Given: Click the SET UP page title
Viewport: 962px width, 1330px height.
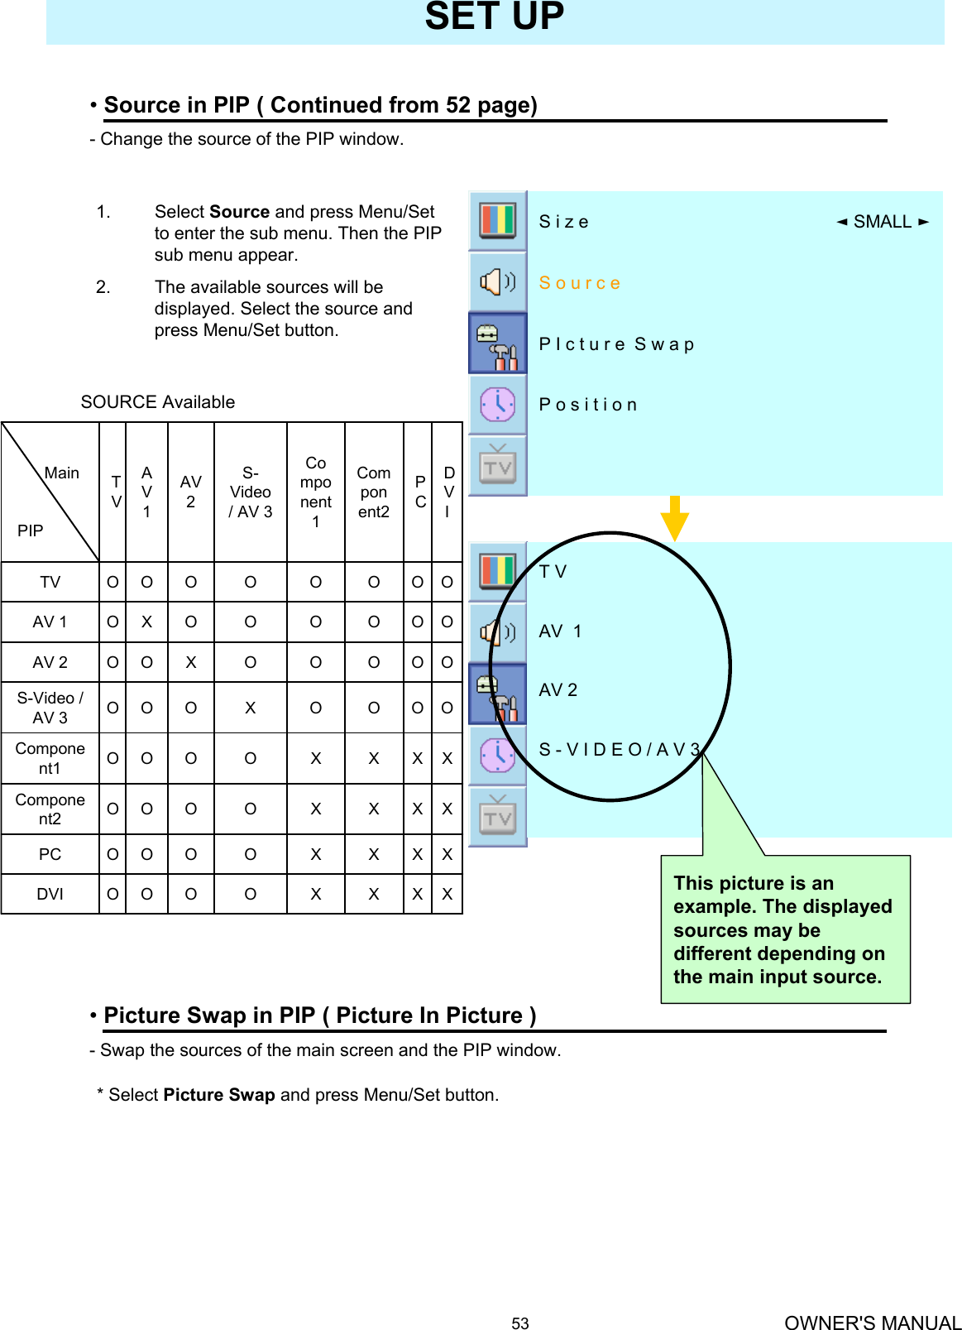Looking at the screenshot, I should click(495, 17).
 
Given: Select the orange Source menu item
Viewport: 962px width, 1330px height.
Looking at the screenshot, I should click(579, 283).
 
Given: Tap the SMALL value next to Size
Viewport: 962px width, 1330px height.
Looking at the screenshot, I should click(882, 222).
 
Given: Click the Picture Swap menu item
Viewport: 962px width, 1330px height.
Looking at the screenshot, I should click(616, 344).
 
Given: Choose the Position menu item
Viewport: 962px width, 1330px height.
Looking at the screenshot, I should click(588, 405).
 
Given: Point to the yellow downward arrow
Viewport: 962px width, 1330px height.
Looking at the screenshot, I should click(675, 518).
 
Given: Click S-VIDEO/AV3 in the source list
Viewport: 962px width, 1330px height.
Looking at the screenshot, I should click(620, 750).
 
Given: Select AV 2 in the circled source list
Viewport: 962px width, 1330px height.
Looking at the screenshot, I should click(558, 690).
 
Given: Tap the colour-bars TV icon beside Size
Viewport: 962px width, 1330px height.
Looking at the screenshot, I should click(498, 221).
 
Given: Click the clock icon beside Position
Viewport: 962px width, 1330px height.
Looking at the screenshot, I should click(498, 405).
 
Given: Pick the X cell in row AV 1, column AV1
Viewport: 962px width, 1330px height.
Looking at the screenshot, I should click(146, 622).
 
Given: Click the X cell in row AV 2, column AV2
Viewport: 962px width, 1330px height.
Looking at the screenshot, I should click(191, 663).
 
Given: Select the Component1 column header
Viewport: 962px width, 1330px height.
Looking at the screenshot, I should click(316, 492).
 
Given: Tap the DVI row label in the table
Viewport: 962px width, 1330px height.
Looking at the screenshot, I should click(50, 895).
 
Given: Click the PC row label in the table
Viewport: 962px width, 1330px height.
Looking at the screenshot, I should click(50, 854).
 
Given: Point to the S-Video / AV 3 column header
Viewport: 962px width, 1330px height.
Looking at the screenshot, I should click(251, 492).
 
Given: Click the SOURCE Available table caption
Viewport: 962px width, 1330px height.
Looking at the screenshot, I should click(158, 402).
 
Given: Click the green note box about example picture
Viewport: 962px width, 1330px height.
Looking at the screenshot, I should click(785, 929).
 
